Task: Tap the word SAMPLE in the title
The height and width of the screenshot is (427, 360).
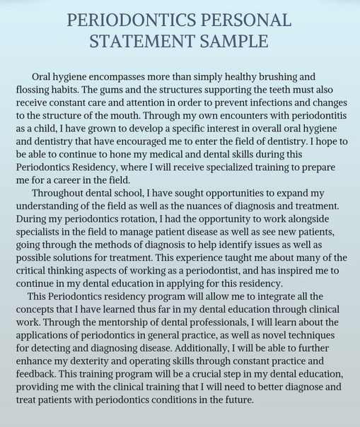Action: point(234,42)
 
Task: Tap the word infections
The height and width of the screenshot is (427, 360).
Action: point(257,103)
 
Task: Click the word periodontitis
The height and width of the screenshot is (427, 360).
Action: point(314,116)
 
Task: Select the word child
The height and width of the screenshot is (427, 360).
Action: point(42,129)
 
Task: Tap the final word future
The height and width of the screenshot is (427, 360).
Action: point(237,400)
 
